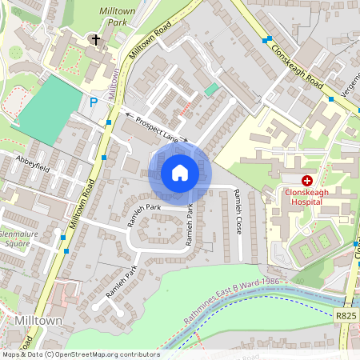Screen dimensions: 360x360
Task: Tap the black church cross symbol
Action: (96, 38)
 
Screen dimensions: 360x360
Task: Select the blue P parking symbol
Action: (94, 102)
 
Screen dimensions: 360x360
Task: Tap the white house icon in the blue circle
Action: (180, 173)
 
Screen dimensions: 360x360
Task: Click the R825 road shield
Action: (346, 316)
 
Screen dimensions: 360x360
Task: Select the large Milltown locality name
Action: (38, 319)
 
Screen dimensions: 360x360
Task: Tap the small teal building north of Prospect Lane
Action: (211, 90)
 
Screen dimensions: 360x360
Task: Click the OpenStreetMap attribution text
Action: (80, 354)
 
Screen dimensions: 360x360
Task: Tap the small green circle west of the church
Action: (16, 53)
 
